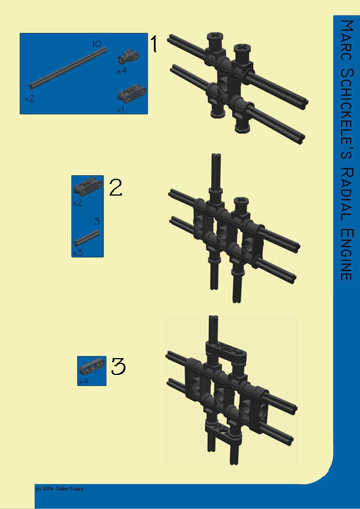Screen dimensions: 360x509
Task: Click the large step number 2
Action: click(x=116, y=187)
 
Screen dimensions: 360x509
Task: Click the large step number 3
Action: click(x=118, y=366)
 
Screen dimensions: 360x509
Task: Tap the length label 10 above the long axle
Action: click(x=96, y=44)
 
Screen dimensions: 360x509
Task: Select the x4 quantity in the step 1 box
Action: click(x=122, y=71)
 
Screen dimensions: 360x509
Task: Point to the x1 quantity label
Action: click(x=120, y=110)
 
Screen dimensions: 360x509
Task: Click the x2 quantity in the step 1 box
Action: click(x=29, y=98)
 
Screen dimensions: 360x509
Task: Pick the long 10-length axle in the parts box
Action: click(x=68, y=68)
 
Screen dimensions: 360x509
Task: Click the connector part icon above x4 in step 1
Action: click(x=128, y=57)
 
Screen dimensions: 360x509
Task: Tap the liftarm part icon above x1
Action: click(x=132, y=93)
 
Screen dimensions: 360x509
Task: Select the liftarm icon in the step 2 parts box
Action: click(x=88, y=187)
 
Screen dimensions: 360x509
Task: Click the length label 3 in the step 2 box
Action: click(x=97, y=221)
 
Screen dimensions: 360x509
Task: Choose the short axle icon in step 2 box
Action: click(x=87, y=239)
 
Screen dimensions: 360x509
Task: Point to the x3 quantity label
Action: click(x=78, y=252)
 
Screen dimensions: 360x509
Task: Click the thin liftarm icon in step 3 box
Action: click(x=92, y=366)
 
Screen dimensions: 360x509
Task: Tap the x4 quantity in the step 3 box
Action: click(x=83, y=381)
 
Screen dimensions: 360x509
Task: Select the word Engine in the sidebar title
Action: click(x=347, y=254)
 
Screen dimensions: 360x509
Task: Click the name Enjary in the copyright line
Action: click(x=77, y=489)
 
